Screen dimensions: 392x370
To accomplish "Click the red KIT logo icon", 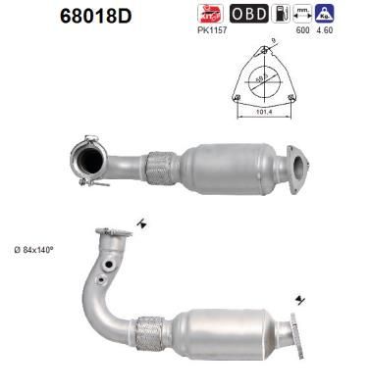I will click(x=209, y=14).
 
